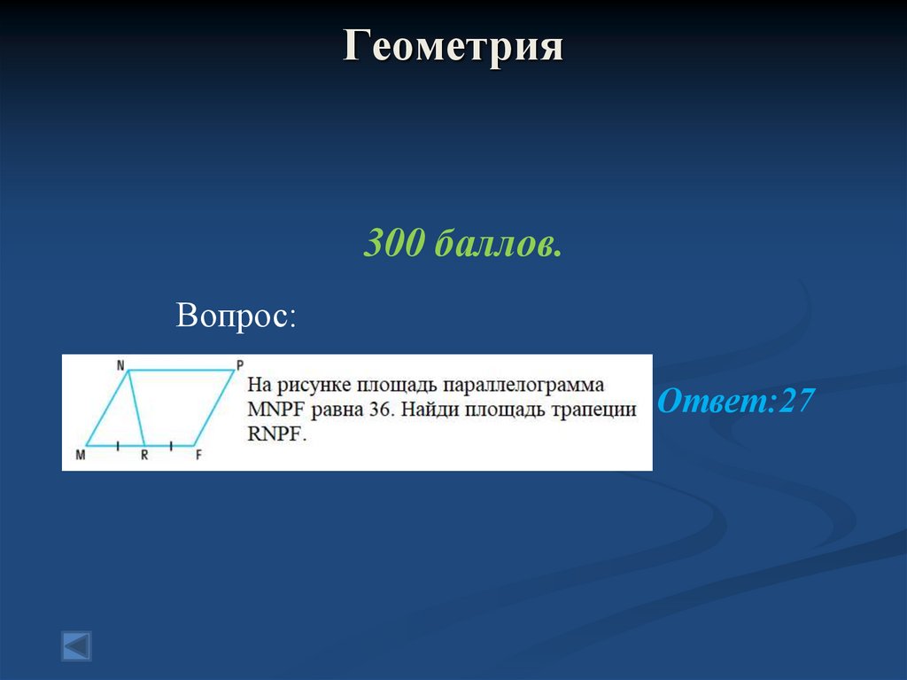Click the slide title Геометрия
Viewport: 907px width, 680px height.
pos(453,46)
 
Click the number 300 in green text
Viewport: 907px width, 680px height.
pos(394,244)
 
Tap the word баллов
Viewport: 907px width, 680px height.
pos(498,245)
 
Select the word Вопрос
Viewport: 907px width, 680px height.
pos(235,315)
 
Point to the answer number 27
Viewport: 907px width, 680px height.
pos(795,402)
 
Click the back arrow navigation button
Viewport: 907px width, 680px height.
pos(76,645)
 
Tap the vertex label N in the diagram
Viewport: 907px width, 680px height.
pos(119,364)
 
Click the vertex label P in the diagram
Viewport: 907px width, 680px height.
pos(239,364)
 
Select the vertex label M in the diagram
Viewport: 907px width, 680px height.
pos(81,456)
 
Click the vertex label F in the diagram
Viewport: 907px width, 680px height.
pos(198,456)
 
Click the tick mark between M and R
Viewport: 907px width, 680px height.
pos(117,444)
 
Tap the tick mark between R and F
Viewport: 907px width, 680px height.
pos(171,444)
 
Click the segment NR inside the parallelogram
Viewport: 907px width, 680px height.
pos(136,408)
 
